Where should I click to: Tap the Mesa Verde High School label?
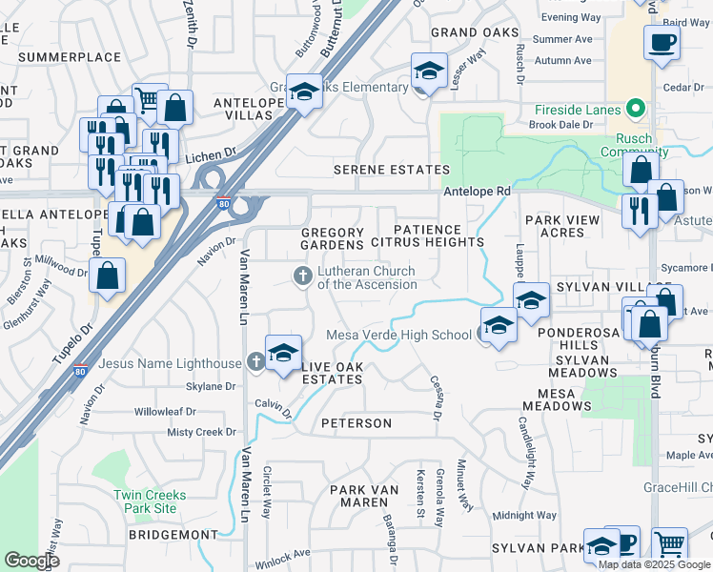tap(398, 335)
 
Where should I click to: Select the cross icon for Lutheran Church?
tap(302, 277)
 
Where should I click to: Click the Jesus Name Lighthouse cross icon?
tap(255, 363)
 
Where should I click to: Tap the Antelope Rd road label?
tap(477, 192)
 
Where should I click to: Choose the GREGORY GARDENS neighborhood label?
tap(333, 238)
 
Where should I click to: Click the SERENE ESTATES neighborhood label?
tap(391, 170)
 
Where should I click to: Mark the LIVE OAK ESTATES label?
tap(333, 373)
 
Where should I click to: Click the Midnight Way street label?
tap(525, 515)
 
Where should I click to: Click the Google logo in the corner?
tap(31, 560)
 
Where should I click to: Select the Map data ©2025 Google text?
tap(654, 564)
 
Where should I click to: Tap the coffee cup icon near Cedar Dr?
tap(662, 43)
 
